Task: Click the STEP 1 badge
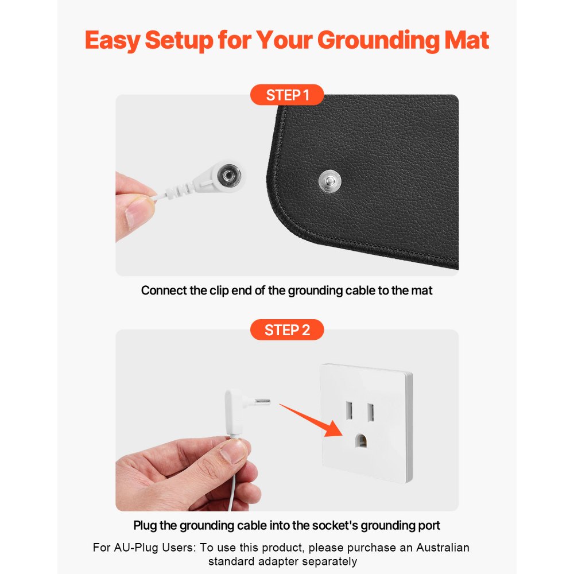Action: click(287, 95)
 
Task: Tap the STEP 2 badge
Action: click(287, 330)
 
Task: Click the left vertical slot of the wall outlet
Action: click(348, 412)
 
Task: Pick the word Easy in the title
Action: click(112, 40)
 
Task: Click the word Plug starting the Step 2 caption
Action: click(146, 525)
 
